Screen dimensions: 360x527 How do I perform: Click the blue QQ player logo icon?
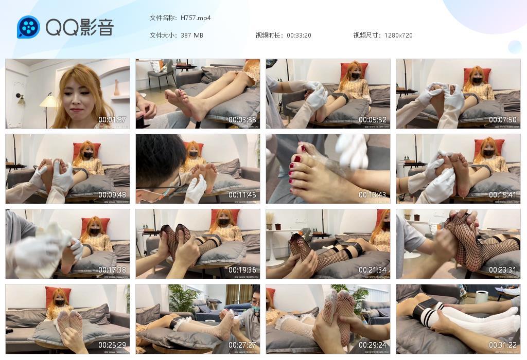[x=28, y=27]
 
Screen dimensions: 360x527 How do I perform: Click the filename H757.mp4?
[x=196, y=18]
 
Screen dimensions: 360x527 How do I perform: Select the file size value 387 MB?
[x=192, y=35]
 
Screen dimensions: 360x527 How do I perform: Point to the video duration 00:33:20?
[x=299, y=35]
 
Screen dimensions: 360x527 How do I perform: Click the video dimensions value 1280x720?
[x=398, y=35]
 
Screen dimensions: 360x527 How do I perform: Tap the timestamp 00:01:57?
[x=112, y=120]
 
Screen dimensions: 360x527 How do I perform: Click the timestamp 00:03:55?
[x=242, y=120]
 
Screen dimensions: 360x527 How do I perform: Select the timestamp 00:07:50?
[x=503, y=120]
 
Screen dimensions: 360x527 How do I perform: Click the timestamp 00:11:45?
[x=242, y=195]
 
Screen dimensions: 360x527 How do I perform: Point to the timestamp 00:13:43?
[x=373, y=195]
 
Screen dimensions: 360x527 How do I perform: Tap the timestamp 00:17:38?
[x=112, y=270]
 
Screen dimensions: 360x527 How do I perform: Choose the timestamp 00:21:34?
[x=373, y=270]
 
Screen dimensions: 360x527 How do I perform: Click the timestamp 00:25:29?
[x=112, y=345]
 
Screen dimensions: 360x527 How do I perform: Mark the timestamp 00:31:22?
[x=503, y=345]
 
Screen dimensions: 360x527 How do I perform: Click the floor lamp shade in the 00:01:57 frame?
[x=48, y=100]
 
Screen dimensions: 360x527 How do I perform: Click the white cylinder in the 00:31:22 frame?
[x=482, y=297]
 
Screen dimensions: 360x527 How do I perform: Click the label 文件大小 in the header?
[x=163, y=35]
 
